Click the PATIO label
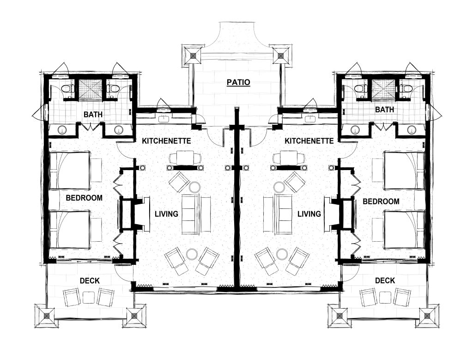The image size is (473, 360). [238, 83]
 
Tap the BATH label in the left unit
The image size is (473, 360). [93, 114]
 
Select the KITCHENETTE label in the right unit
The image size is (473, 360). [309, 140]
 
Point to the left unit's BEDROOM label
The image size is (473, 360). [84, 198]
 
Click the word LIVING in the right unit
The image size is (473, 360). [309, 214]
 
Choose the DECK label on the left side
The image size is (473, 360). [89, 281]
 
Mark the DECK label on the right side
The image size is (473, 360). [385, 281]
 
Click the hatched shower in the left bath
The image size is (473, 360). [86, 88]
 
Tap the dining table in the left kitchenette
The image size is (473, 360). [185, 158]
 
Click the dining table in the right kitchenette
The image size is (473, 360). [289, 158]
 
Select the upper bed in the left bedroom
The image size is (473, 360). [70, 171]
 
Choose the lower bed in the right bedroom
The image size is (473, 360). [404, 229]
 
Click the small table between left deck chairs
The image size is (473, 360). [89, 297]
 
